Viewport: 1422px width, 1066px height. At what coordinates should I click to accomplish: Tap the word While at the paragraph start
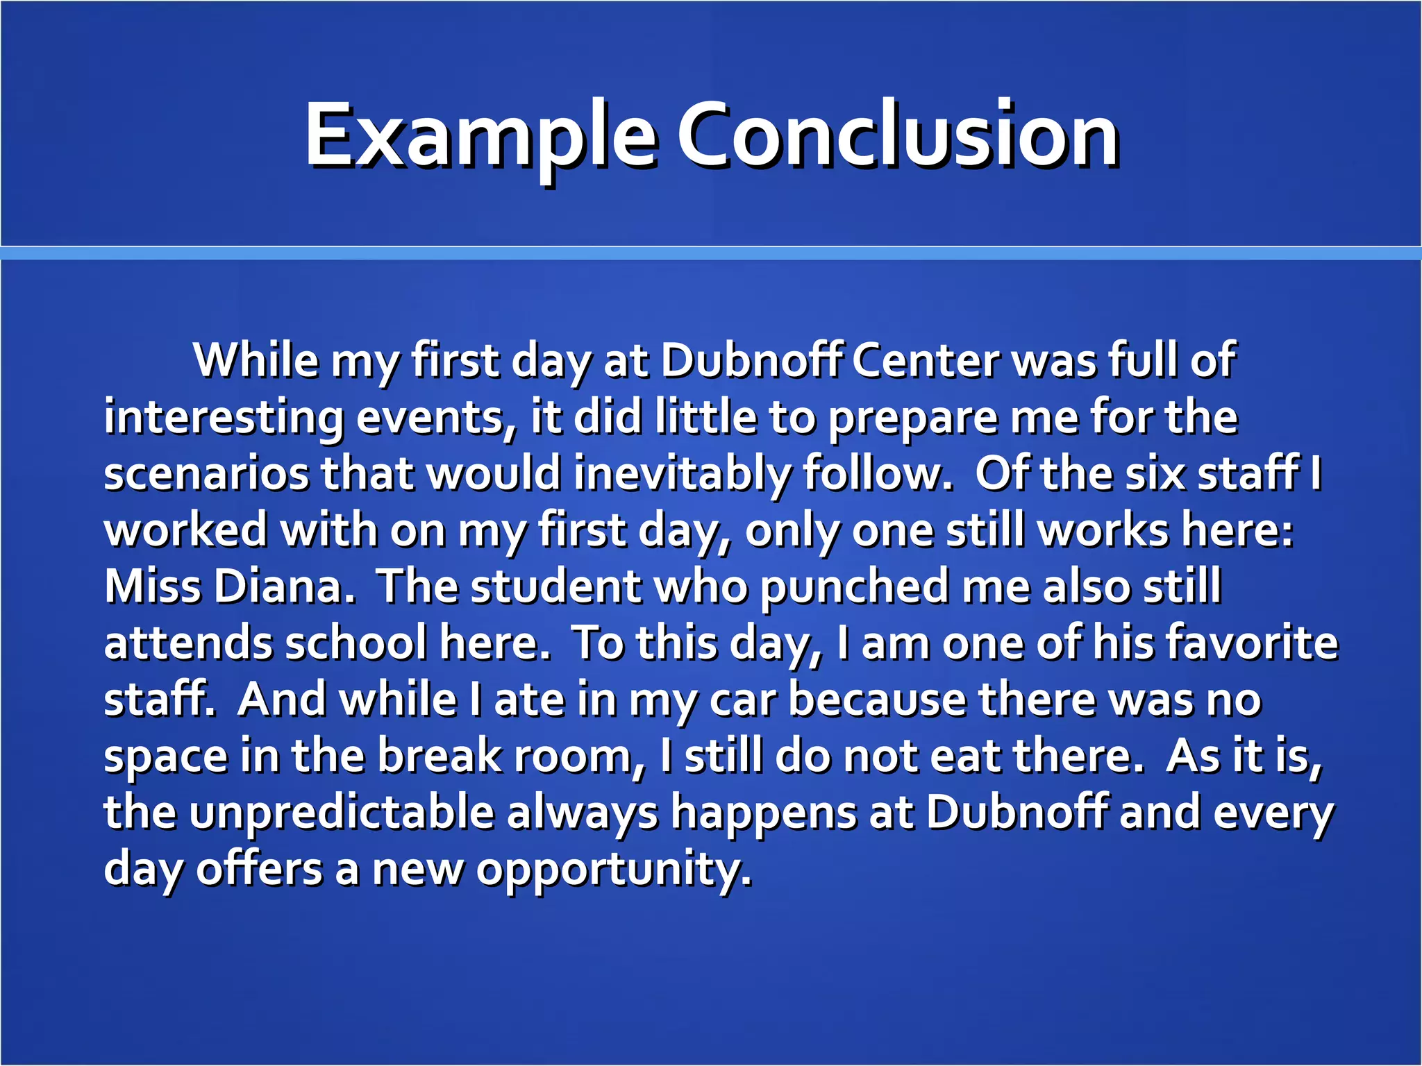(256, 361)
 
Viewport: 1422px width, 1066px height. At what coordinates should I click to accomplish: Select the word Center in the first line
(926, 361)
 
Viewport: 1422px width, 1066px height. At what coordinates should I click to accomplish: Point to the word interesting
(224, 418)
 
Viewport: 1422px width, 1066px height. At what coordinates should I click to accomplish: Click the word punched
(854, 587)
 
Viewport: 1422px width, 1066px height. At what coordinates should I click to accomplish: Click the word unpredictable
(341, 812)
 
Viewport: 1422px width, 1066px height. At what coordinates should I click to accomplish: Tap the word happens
(762, 812)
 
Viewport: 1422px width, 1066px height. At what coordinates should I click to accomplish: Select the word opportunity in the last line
(613, 869)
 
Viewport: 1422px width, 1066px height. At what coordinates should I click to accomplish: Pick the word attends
(187, 643)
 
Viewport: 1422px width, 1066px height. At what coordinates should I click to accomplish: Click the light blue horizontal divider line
(711, 253)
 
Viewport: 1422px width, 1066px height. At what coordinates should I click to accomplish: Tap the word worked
(185, 531)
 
